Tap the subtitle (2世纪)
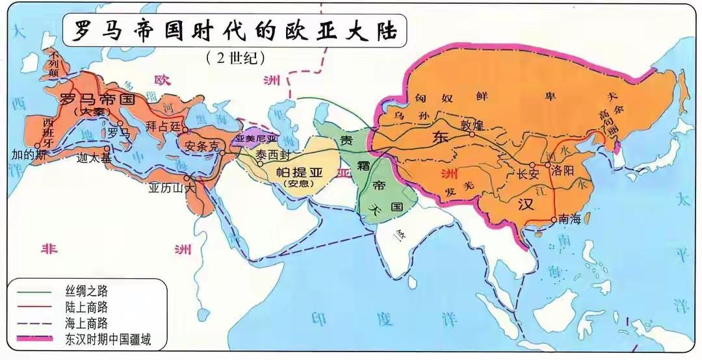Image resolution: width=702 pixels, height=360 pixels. [x=235, y=58]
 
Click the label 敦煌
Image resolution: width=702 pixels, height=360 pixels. [x=473, y=125]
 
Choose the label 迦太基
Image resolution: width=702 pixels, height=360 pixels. [x=94, y=158]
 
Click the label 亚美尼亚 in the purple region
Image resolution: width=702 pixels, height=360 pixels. [x=256, y=138]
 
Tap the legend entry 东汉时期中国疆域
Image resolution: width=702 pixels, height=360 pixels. [x=108, y=338]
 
